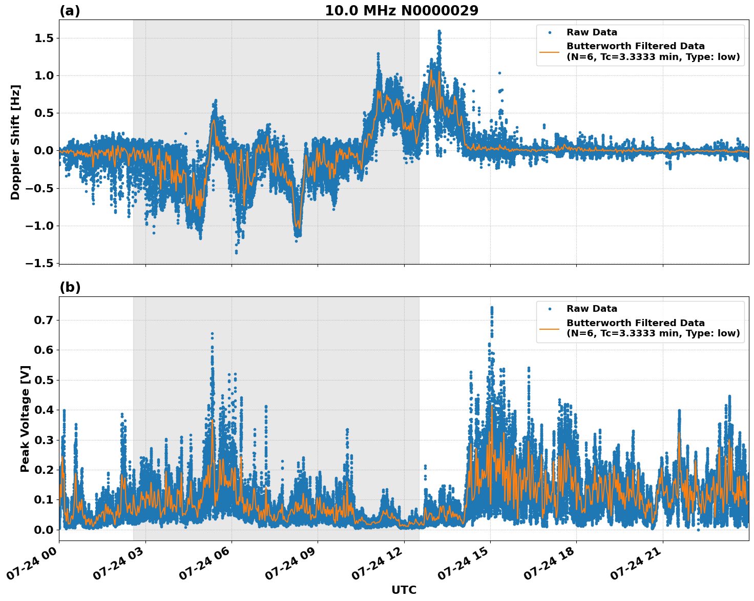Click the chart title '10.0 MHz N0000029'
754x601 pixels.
pos(402,11)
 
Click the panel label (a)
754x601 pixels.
pos(70,11)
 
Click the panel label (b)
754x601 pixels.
pos(70,287)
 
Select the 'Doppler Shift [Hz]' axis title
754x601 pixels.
pos(15,142)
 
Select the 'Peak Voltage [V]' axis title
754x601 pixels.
pos(25,418)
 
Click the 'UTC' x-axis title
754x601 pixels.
pos(404,590)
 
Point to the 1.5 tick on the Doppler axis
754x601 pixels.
pos(44,38)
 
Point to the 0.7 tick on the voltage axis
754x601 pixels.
pos(44,320)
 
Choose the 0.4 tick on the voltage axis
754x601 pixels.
pos(44,410)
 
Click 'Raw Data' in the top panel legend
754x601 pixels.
pos(592,32)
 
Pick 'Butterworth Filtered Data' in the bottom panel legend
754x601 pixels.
pos(635,323)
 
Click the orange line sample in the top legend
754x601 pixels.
pos(549,51)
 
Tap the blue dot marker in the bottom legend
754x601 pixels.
pos(549,309)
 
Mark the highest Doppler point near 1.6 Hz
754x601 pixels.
pos(439,31)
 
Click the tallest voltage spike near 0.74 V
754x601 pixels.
pos(492,308)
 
